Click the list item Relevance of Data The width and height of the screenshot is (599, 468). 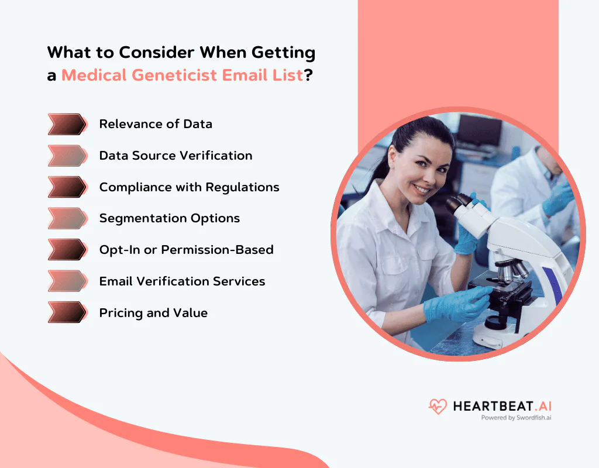pos(156,124)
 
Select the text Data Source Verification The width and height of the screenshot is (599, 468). pos(175,156)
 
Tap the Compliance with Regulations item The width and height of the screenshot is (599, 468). pos(189,187)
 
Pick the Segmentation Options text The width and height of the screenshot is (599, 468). pos(170,218)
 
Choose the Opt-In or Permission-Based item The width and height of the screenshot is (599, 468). pos(186,250)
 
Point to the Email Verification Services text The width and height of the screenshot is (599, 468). pos(182,281)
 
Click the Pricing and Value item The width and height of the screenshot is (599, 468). pos(153,313)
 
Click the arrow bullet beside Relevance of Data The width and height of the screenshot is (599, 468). pos(67,124)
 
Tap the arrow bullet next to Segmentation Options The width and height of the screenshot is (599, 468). pos(67,218)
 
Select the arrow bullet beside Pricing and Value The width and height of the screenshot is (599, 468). pos(67,312)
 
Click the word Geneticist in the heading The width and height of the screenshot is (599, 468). pos(191,75)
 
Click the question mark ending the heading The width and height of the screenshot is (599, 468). pos(308,76)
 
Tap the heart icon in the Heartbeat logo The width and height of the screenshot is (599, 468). pos(438,406)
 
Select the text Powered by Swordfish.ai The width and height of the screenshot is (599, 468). pos(516,418)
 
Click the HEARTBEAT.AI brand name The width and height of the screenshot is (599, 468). pos(502,405)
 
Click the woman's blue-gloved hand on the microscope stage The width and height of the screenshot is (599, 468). pos(456,304)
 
